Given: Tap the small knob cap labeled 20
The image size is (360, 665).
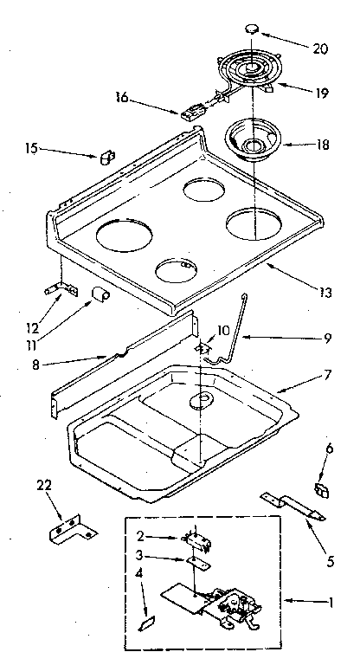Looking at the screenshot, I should (254, 29).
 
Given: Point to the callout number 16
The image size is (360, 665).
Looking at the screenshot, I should (122, 99).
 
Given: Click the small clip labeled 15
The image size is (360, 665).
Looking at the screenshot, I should (107, 158).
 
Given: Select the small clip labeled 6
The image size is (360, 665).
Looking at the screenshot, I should (320, 491).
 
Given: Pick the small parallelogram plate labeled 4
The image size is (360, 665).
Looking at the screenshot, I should (146, 621).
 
